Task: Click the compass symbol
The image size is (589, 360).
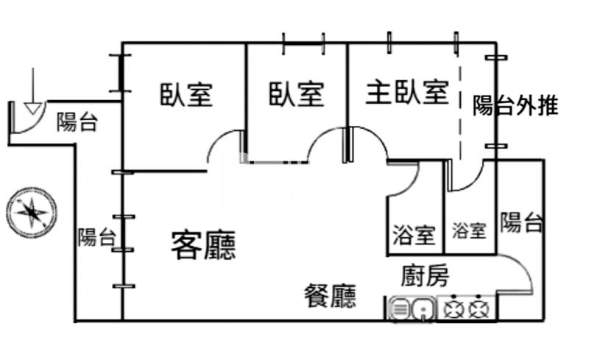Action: pos(31,213)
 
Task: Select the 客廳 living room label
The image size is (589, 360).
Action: pos(203,244)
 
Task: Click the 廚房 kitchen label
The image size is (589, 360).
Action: pos(425,276)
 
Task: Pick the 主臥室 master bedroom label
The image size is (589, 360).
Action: pos(407,93)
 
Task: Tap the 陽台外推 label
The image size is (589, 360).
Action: pos(515,106)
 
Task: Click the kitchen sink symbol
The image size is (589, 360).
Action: pos(411,308)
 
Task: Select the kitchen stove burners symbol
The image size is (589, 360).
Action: pos(468,308)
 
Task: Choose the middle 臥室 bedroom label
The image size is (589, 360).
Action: pos(296,94)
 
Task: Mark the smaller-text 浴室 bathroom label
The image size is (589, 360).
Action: pos(469,231)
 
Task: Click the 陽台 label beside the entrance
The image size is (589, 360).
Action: pos(77,123)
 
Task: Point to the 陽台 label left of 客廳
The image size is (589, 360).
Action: pos(96,237)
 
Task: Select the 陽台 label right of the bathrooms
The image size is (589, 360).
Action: pos(522,222)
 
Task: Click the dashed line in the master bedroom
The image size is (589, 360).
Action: pos(460,110)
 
